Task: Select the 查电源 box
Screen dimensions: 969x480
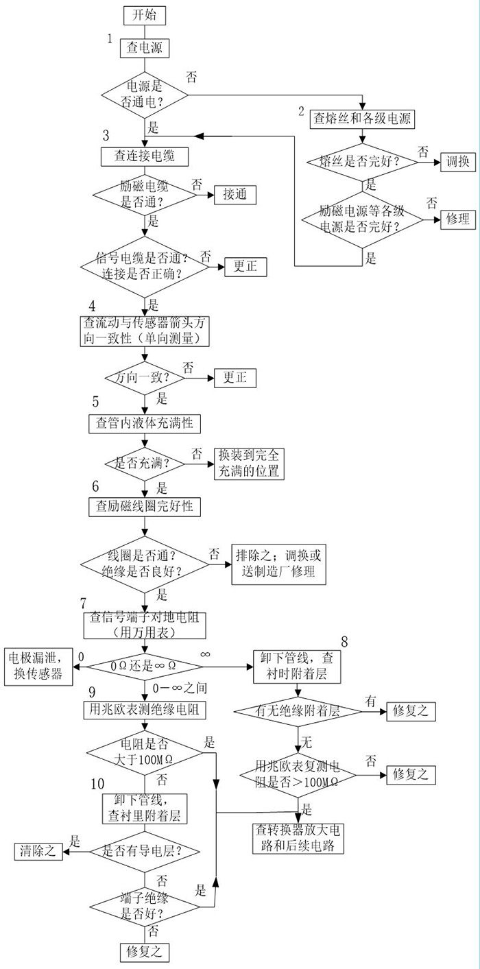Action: [144, 48]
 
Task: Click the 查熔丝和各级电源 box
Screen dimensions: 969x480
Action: [361, 118]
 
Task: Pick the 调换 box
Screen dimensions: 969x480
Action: [457, 163]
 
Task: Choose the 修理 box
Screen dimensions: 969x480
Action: [457, 219]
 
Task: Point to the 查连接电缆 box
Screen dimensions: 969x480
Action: [144, 156]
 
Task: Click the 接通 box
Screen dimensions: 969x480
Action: [235, 195]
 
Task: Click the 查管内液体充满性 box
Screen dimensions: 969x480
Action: [144, 423]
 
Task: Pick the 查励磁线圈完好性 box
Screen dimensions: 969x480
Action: [144, 507]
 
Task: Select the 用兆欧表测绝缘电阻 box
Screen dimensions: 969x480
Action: [144, 709]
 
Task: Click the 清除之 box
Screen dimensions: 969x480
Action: [39, 852]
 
